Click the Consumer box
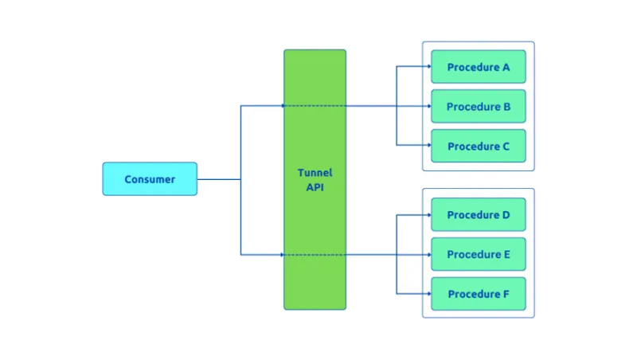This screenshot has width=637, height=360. click(x=150, y=179)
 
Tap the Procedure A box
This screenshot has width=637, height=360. click(x=478, y=67)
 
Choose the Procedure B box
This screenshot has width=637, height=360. click(x=478, y=106)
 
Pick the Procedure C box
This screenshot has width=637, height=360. click(x=478, y=146)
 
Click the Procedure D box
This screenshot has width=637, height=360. click(x=478, y=215)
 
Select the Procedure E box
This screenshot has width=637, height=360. click(x=478, y=254)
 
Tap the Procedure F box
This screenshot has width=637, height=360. click(x=478, y=294)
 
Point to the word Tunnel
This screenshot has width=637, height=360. click(x=315, y=173)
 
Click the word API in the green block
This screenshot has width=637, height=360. click(x=315, y=187)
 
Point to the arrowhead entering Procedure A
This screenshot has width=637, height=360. click(x=428, y=67)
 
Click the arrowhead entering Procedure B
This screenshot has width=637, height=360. click(x=428, y=106)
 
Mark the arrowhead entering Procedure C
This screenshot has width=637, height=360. click(x=428, y=146)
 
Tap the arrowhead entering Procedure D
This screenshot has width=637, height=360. click(x=428, y=215)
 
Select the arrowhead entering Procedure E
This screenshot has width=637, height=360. click(x=428, y=254)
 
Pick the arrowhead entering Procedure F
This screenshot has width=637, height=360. click(x=428, y=294)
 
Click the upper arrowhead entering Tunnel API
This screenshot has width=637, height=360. click(x=283, y=105)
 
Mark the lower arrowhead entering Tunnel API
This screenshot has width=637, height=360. click(x=283, y=255)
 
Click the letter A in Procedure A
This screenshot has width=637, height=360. click(x=506, y=67)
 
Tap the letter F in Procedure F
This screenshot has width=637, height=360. click(x=506, y=294)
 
